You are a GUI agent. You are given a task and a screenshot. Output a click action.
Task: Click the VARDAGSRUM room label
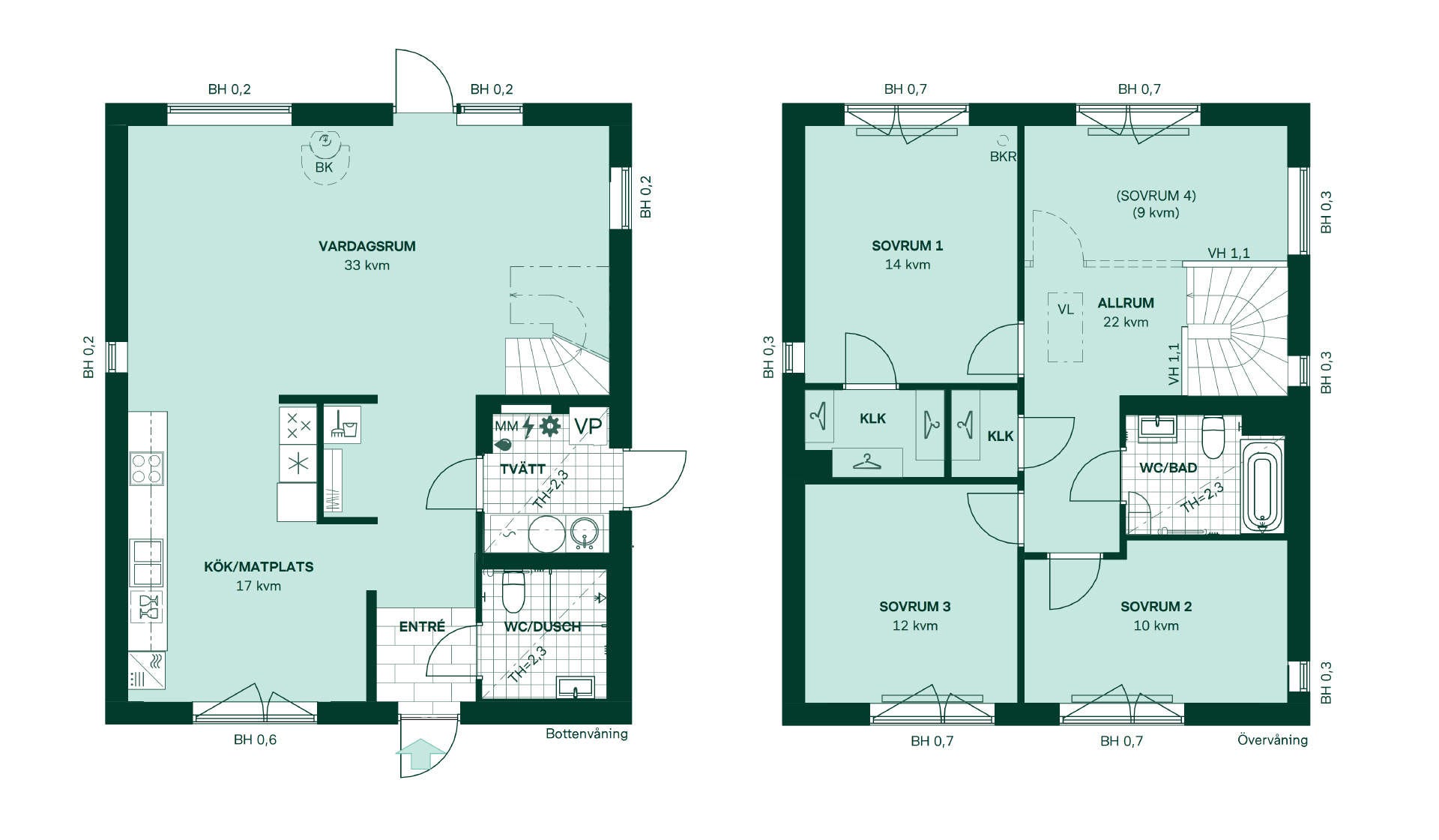coord(366,246)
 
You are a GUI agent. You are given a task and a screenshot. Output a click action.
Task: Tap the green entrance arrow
coord(420,754)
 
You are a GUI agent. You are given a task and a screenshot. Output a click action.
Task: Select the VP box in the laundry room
coord(588,426)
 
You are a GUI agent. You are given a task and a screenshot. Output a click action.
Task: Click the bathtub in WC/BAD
coord(1263,487)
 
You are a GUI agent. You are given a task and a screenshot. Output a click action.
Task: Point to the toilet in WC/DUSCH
coord(513,592)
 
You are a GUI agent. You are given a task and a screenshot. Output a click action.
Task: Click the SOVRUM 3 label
coord(914,607)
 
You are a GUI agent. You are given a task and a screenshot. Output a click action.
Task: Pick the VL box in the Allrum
coord(1065,327)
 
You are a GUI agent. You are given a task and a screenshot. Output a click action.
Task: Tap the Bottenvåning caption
coord(587,733)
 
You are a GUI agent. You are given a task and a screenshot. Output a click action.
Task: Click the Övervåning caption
coord(1273,739)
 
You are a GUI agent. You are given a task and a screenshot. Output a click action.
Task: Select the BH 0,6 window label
coord(255,739)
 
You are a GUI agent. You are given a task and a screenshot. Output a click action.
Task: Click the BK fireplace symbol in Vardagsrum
coord(325,156)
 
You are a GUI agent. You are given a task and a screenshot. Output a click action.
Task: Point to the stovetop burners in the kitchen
coord(147,468)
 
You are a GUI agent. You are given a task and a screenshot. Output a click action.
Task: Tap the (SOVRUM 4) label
coord(1156,196)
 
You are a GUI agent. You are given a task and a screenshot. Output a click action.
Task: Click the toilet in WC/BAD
coord(1213,437)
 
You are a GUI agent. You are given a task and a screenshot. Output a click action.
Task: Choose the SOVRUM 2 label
coord(1156,607)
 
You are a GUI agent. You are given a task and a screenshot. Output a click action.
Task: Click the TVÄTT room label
coord(522,469)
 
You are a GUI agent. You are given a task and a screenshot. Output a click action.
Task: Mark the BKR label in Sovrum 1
coord(1003,157)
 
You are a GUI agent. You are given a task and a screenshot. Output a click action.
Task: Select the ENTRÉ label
coord(422,626)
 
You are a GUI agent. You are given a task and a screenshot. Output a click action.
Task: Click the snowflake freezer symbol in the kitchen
coord(298,463)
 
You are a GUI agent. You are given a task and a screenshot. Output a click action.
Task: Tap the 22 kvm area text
coord(1126,322)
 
